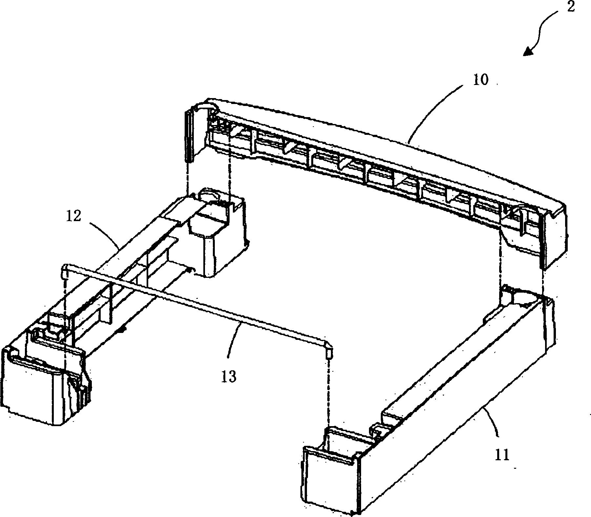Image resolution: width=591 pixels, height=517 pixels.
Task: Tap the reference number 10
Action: (x=480, y=80)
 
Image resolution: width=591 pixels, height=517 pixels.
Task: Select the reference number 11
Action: (x=501, y=456)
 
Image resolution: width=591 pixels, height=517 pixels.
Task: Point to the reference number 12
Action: (x=73, y=217)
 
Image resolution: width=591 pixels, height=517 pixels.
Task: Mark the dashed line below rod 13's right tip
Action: (x=328, y=394)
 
